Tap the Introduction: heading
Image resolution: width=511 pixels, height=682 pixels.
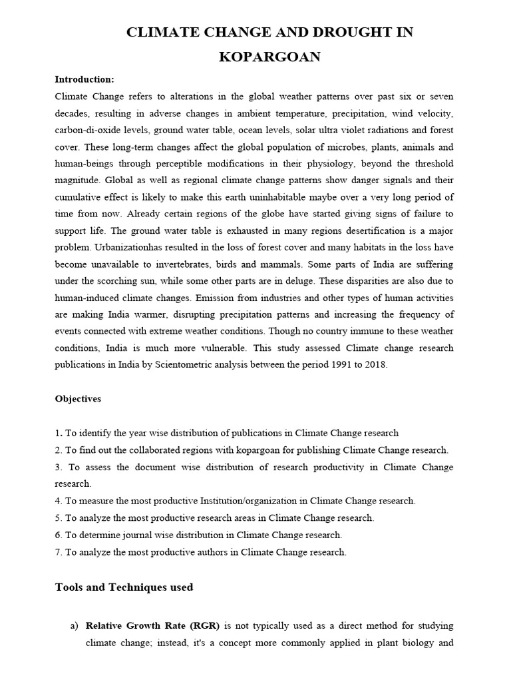pos(85,79)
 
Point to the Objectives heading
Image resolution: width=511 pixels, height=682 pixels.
pos(78,399)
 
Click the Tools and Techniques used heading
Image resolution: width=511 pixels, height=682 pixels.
pos(124,587)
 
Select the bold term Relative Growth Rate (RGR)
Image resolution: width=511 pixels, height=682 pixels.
pos(153,626)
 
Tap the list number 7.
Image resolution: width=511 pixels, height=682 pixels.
pos(57,552)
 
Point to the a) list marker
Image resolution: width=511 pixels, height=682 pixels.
pos(75,626)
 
